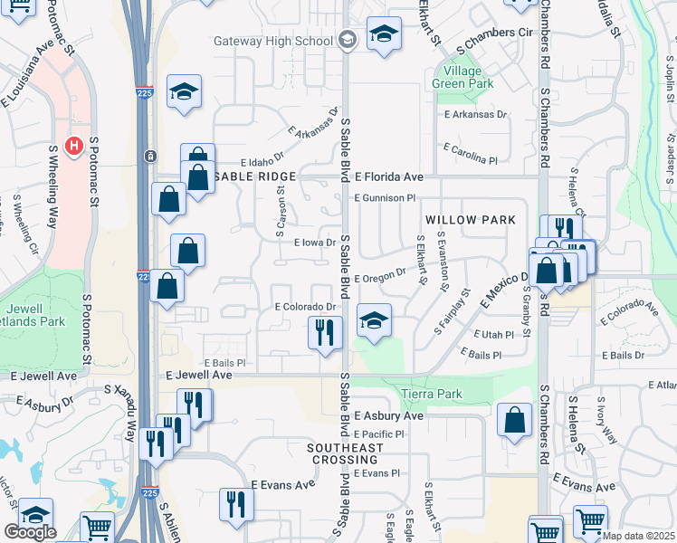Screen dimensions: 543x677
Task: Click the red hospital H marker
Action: coord(77,145)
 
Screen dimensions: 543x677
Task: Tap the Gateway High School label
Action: coord(272,41)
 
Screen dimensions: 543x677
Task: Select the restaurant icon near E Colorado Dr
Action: coord(325,332)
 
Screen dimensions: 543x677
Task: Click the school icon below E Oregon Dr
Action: coord(373,319)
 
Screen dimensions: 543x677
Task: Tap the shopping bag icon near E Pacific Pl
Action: coord(514,420)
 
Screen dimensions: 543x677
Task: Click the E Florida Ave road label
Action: coord(389,176)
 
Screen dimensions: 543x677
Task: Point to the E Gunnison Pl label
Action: coord(385,197)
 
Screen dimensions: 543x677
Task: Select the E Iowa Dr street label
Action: coord(316,243)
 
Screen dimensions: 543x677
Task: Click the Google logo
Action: coord(30,532)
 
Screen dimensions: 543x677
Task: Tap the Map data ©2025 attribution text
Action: coord(639,536)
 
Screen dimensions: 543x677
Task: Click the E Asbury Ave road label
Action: coord(388,416)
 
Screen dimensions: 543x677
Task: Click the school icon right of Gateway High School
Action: coord(384,34)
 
